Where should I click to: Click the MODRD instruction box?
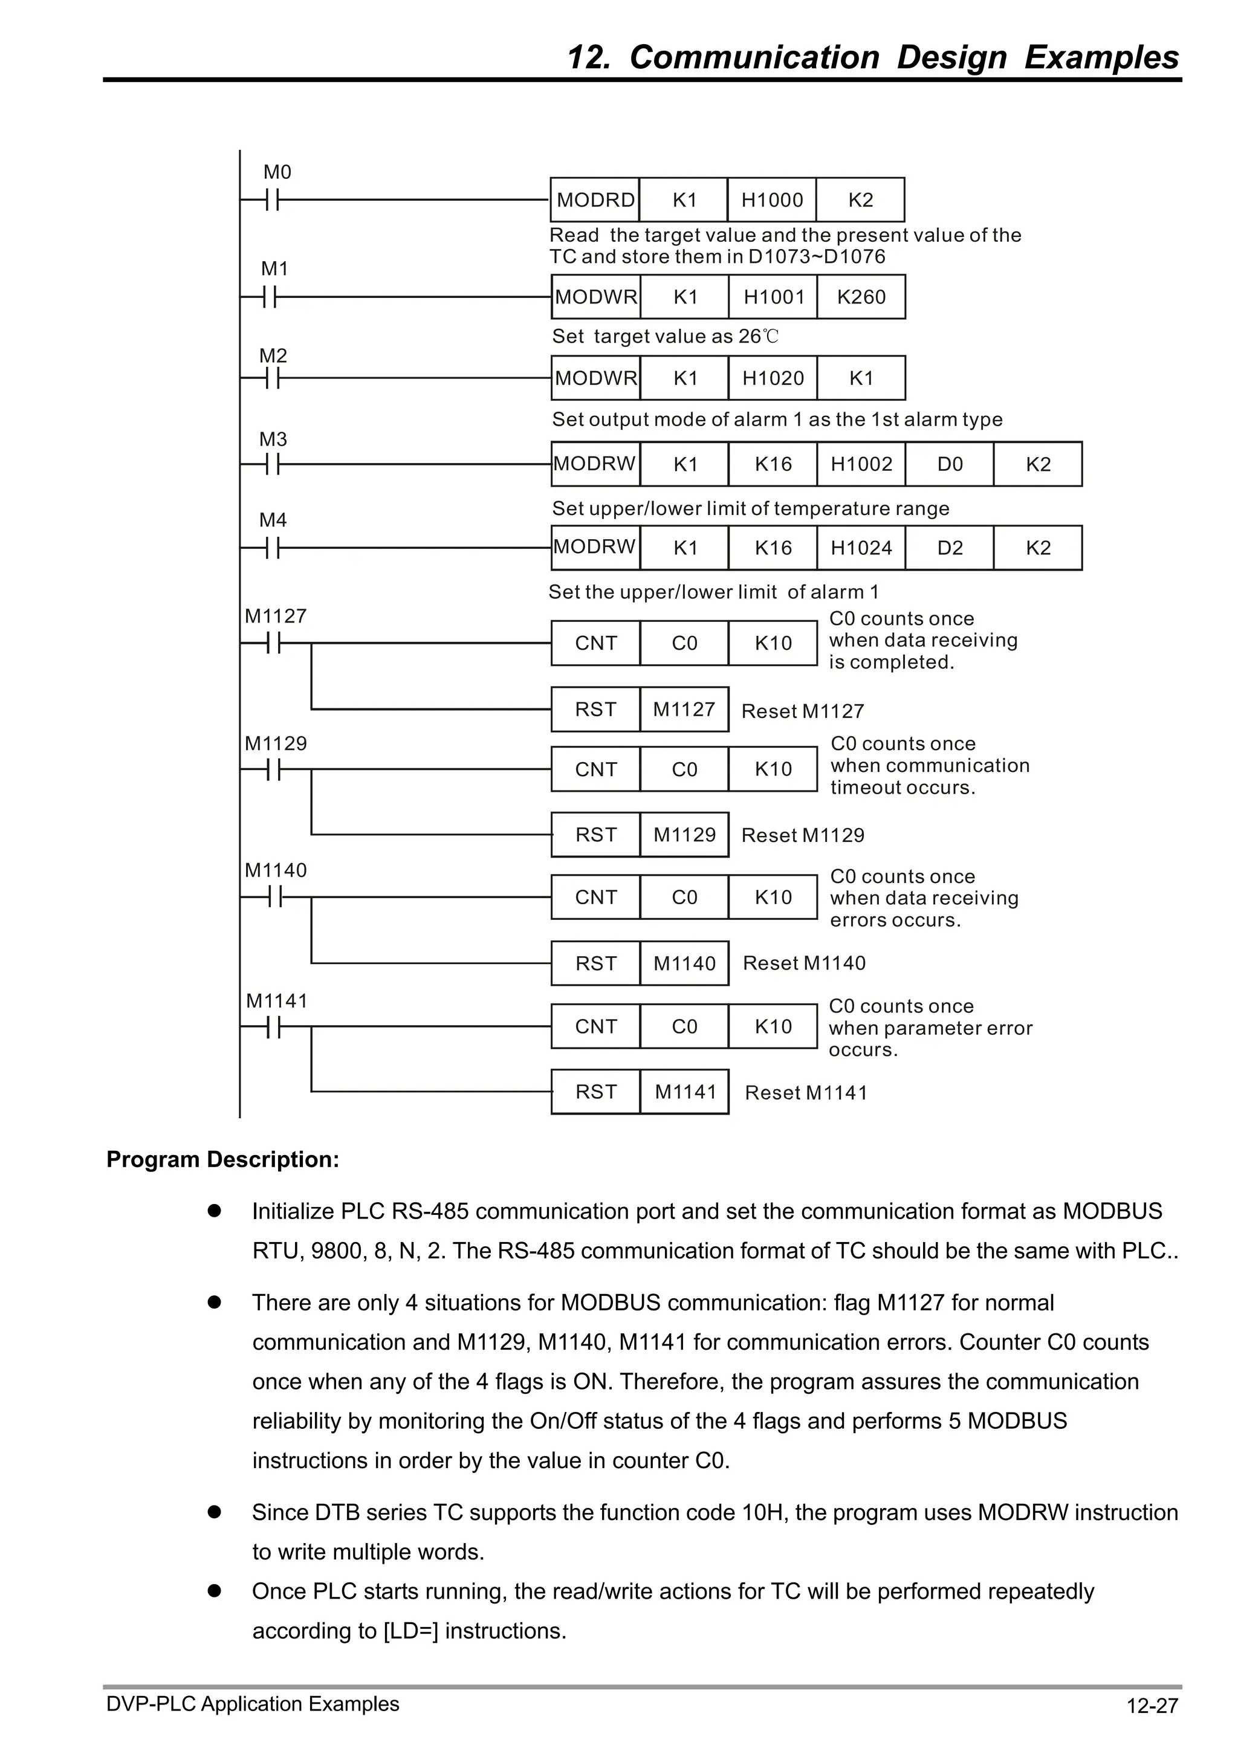click(x=595, y=200)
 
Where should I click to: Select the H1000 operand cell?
click(x=772, y=200)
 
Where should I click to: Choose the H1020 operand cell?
click(x=773, y=378)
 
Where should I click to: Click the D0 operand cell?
click(x=950, y=464)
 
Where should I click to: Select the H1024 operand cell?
click(x=861, y=548)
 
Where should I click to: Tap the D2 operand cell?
click(x=950, y=548)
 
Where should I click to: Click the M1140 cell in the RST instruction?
click(x=684, y=963)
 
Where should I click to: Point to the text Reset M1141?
click(x=806, y=1093)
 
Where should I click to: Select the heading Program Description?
click(x=222, y=1160)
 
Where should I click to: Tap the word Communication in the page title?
click(x=754, y=58)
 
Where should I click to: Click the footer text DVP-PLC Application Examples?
click(x=253, y=1704)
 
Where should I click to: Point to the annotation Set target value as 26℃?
click(x=665, y=336)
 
